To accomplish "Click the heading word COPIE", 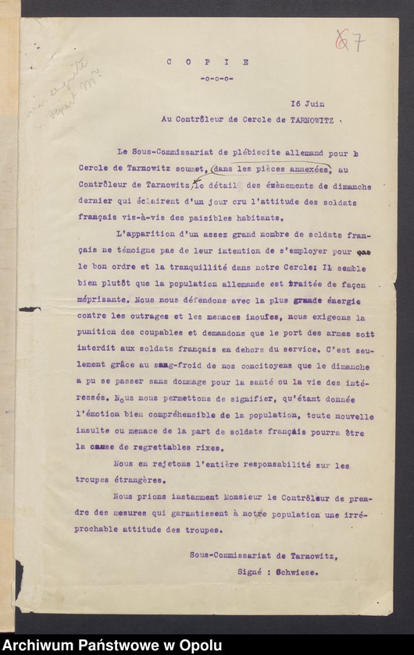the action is point(207,62).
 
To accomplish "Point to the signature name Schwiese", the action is point(300,571).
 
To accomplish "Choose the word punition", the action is point(98,334).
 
